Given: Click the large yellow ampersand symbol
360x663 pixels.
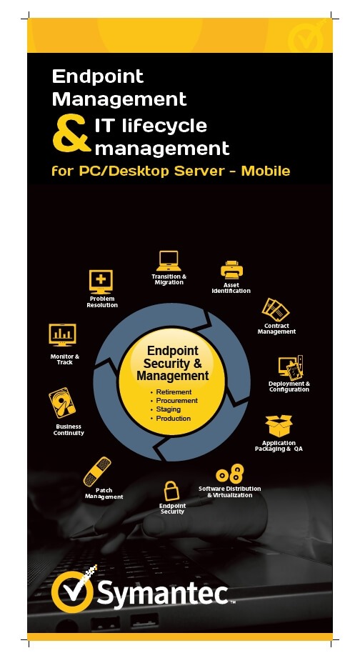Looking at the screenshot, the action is (71, 134).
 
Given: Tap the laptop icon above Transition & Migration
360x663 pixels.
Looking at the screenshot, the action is (169, 261).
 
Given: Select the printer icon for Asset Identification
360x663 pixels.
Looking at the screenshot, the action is (231, 270).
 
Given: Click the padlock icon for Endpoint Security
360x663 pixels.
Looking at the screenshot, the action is (171, 491).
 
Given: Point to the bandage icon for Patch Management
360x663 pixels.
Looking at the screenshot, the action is (97, 472).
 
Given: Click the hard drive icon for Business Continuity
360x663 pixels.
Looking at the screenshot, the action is (62, 404).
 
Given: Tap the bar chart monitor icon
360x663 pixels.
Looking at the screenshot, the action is (63, 335).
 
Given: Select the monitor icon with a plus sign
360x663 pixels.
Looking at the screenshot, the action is (101, 282).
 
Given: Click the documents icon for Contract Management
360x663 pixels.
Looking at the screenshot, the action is (276, 310).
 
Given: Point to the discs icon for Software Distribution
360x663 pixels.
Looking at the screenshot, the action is (230, 474).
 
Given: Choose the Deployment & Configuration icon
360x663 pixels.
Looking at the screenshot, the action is (291, 367).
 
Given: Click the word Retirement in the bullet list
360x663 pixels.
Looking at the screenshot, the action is (174, 392).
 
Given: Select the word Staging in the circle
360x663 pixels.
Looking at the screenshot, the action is (168, 409).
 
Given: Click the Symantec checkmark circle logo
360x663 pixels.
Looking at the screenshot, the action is (72, 591).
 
